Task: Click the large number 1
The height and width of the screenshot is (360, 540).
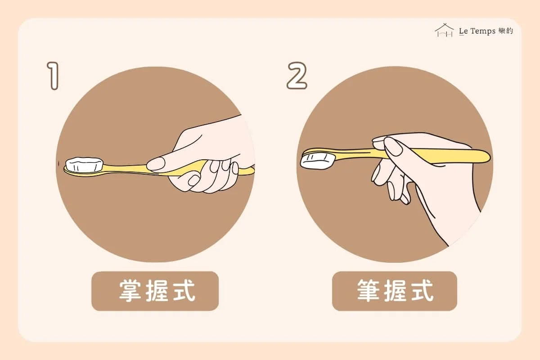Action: pos(54,76)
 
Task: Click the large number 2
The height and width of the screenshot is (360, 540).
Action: pos(297,76)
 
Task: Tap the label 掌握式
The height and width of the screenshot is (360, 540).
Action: pos(157,291)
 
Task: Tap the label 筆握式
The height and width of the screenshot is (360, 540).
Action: pos(396,291)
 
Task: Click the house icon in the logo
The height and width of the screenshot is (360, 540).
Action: pos(444,31)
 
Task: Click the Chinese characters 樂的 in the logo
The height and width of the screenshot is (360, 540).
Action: pos(506,31)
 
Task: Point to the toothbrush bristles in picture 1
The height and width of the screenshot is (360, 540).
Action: pos(85,164)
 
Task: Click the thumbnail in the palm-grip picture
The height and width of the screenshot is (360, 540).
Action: pos(156,164)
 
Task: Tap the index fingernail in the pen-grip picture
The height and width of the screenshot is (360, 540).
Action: pos(393,146)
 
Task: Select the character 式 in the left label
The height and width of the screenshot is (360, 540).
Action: pos(184,291)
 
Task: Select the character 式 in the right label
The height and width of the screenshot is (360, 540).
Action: pos(423,291)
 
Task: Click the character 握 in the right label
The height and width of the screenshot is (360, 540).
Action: pos(396,291)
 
